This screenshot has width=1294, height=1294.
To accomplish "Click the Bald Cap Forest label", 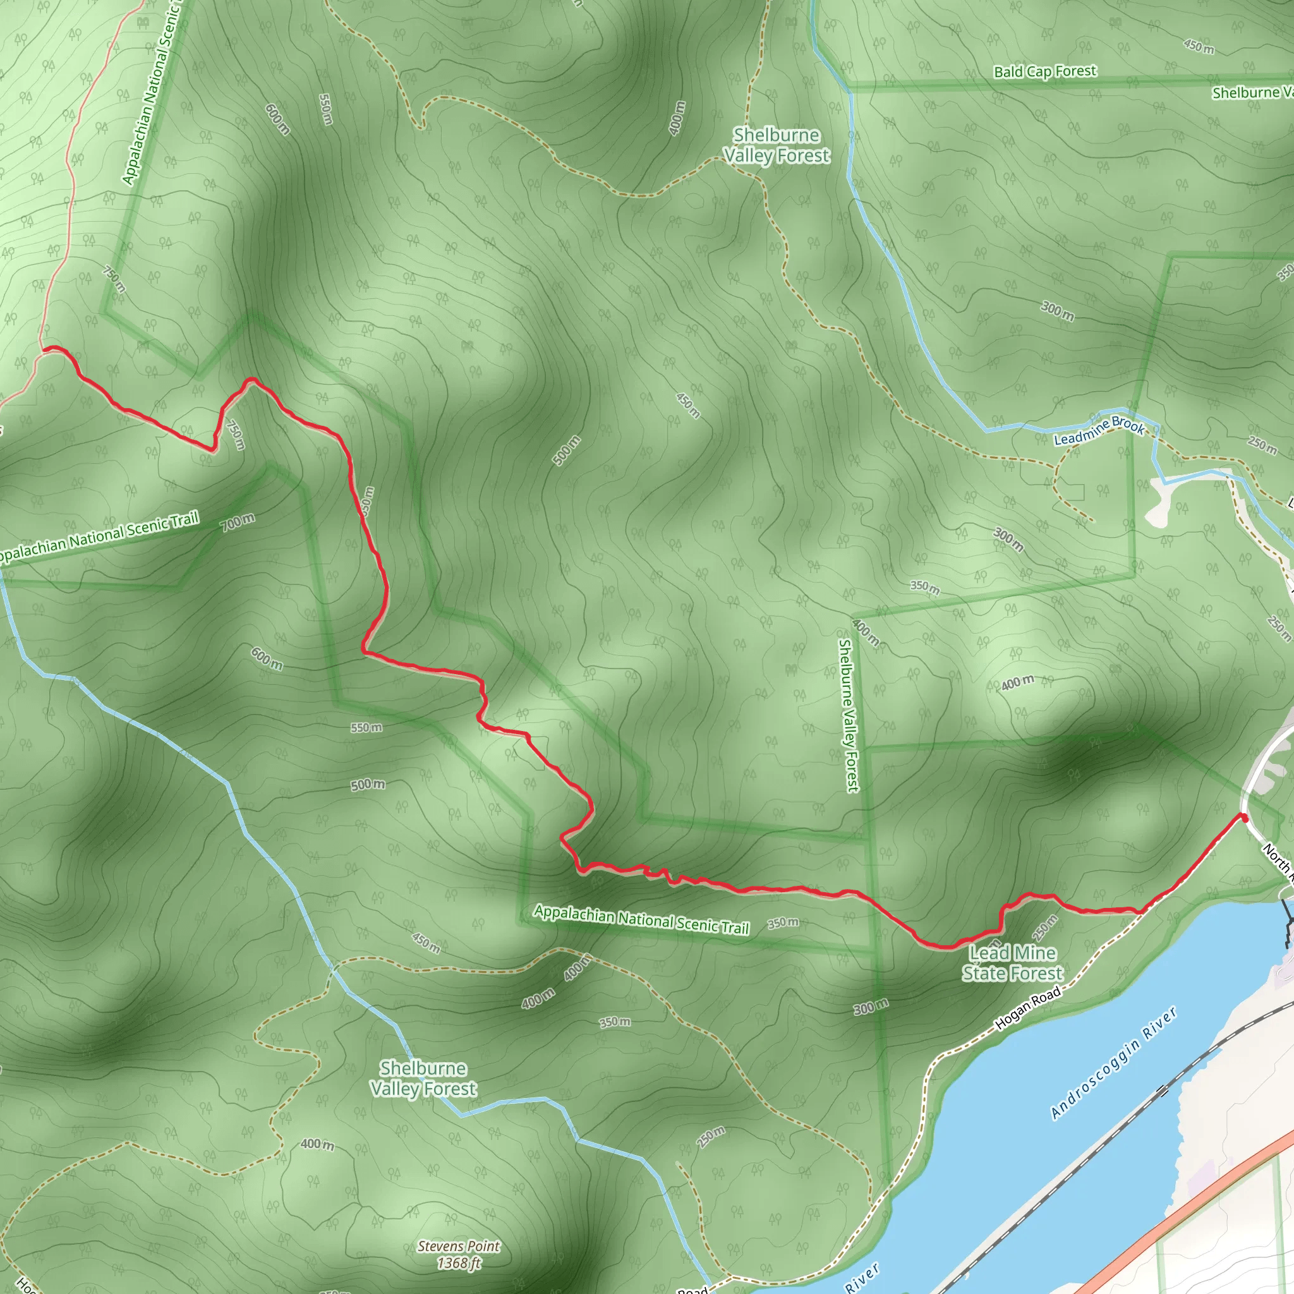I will (x=1045, y=71).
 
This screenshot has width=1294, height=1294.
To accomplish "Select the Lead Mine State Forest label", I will (x=1012, y=963).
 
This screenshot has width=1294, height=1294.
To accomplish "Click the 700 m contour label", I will (x=238, y=523).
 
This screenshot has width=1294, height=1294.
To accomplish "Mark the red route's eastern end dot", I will (x=1243, y=817).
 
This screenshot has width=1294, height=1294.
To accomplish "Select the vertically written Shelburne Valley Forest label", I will (x=847, y=715).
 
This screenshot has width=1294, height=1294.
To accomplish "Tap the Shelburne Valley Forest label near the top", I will (x=777, y=145).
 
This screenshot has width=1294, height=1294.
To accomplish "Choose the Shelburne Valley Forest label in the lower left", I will (x=423, y=1079).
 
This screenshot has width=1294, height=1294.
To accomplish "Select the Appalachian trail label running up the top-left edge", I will (x=154, y=94).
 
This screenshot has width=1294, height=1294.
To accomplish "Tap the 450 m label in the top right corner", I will (x=1198, y=45).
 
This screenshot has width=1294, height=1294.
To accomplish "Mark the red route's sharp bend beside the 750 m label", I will (x=213, y=449).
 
